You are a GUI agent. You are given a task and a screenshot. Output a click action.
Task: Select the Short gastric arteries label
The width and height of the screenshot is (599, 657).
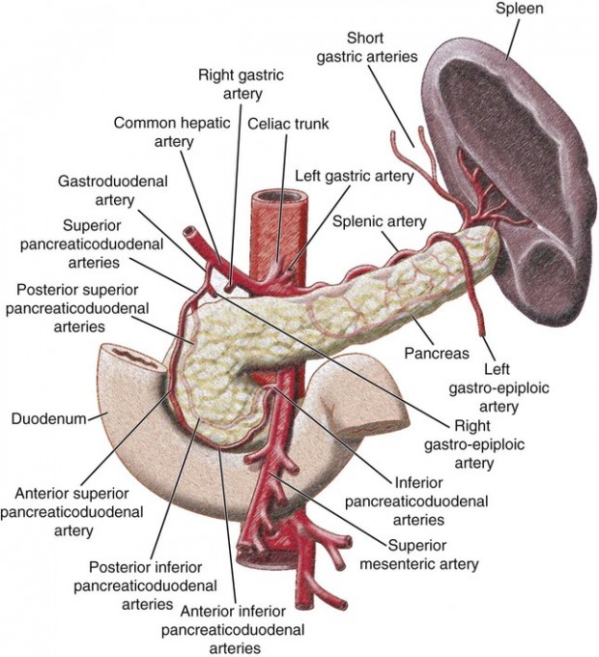tap(367, 47)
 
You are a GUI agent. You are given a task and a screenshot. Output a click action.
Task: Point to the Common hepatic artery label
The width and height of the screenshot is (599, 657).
tap(155, 132)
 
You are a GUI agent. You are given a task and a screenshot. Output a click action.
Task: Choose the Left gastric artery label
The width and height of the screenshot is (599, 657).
tap(355, 177)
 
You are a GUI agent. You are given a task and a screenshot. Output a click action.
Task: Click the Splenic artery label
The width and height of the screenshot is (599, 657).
tap(378, 221)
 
